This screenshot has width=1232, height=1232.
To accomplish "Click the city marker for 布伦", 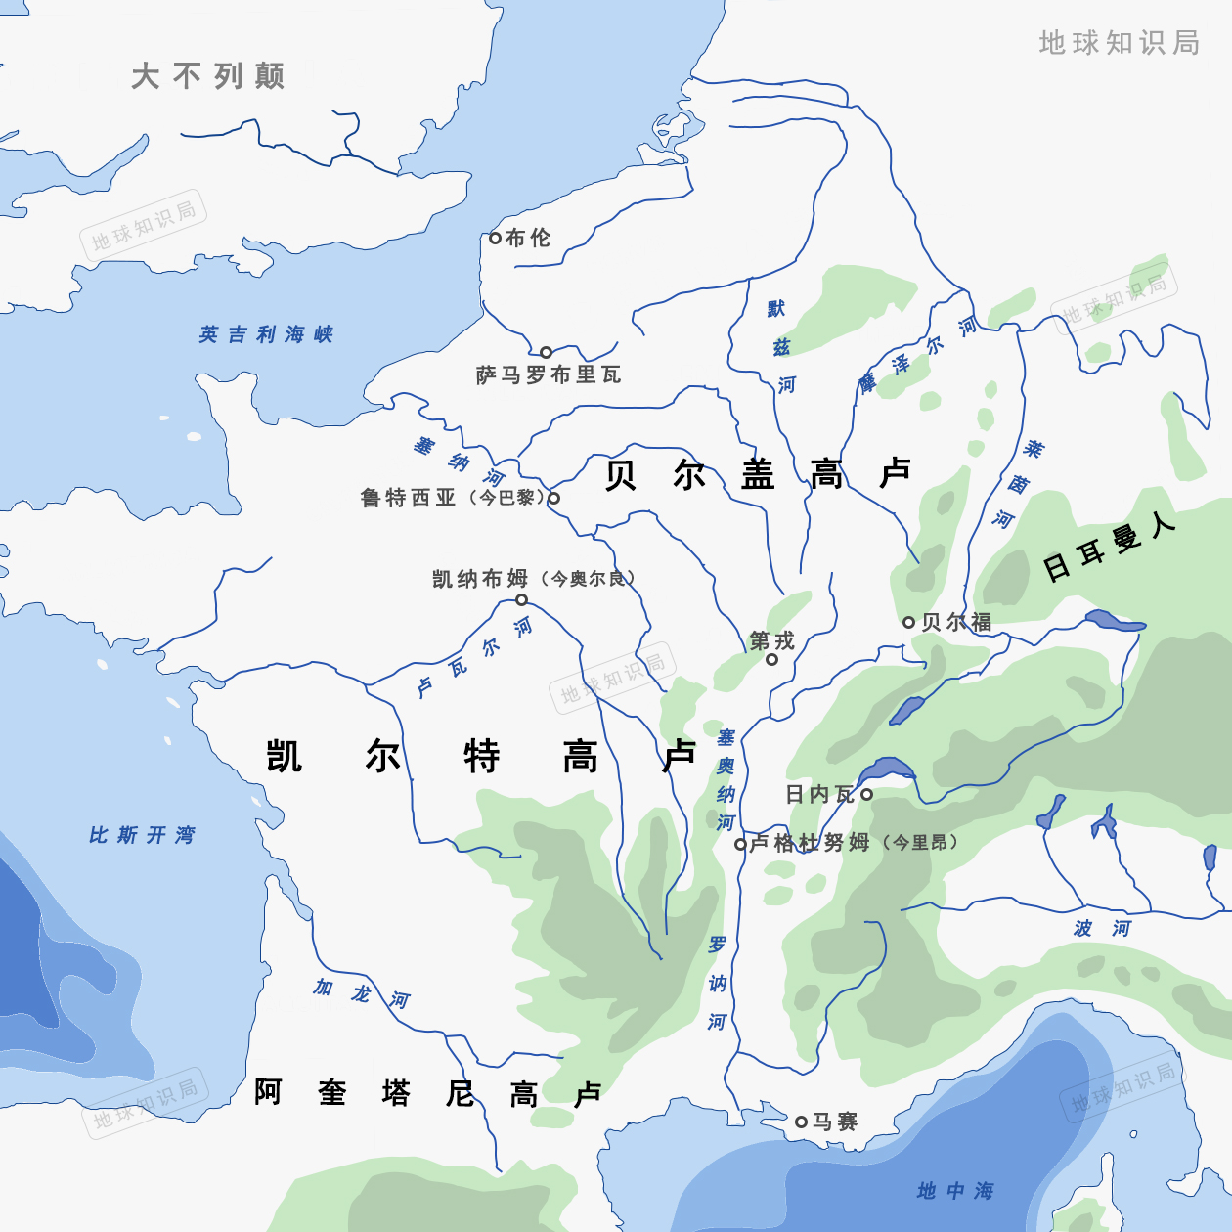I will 495,238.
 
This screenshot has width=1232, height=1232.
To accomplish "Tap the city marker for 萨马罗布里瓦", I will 546,352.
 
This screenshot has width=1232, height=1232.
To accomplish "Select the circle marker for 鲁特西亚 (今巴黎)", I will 553,498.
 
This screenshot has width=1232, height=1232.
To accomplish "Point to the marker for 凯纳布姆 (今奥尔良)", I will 521,599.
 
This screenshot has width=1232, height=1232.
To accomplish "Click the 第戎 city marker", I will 771,659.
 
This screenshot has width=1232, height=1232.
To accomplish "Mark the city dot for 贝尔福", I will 908,622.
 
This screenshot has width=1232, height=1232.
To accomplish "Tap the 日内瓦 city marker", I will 866,794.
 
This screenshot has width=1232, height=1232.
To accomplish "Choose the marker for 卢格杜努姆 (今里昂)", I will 740,844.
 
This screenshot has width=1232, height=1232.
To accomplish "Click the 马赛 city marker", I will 801,1122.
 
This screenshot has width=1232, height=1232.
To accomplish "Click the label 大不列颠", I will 208,76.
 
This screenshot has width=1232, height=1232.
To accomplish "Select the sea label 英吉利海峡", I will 266,334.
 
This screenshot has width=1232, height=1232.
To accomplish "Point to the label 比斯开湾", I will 142,835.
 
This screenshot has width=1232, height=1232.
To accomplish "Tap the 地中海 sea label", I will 955,1190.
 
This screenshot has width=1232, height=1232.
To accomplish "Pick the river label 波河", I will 1102,928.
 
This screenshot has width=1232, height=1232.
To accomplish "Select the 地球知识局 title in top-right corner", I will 1120,42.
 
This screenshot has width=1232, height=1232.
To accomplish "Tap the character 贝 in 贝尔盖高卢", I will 621,474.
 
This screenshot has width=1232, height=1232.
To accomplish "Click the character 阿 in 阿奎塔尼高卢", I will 268,1091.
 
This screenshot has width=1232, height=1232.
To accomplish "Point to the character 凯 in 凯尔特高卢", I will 285,756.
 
